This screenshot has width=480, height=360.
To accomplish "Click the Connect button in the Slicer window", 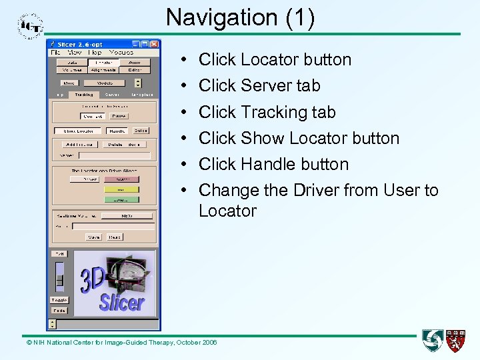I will [x=93, y=116].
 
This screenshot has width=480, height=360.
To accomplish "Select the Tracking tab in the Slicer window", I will [x=84, y=95].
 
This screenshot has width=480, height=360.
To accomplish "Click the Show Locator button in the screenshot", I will [x=78, y=131].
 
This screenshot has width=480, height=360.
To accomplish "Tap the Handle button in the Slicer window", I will [x=117, y=131].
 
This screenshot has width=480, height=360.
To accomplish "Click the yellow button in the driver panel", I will [x=121, y=189].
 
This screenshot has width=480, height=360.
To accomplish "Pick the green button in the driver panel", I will [x=121, y=199].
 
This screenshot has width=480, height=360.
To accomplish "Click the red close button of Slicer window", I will [x=155, y=44].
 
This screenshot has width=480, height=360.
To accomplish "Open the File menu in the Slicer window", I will [x=55, y=52].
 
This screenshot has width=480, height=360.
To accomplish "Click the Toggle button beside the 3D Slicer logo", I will [x=59, y=300].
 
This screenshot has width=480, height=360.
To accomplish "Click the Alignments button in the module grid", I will [x=103, y=70].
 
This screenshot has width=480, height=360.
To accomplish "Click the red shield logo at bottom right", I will [x=456, y=341].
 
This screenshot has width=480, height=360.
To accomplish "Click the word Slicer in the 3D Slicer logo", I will [x=122, y=302].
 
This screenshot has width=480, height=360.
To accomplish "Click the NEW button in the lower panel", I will [x=127, y=216].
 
